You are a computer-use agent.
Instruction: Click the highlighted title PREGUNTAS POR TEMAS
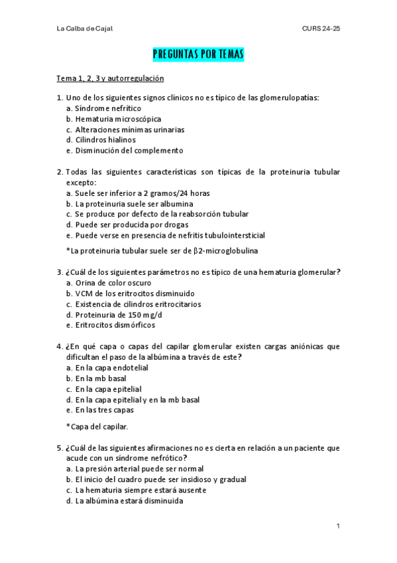198,54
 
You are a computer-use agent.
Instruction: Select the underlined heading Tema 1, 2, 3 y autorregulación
110,78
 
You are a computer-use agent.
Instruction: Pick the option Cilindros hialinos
105,140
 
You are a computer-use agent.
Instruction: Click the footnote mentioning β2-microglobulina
162,250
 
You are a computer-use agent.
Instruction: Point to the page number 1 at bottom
338,526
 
